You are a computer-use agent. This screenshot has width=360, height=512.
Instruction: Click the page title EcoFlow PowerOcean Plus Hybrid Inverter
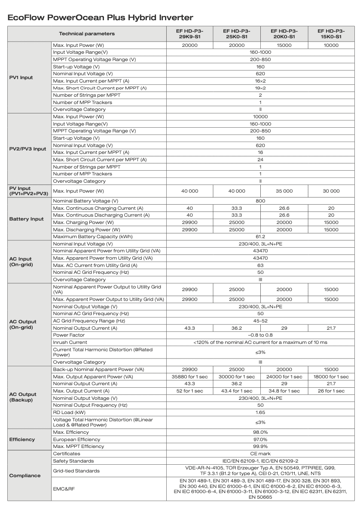pos(100,18)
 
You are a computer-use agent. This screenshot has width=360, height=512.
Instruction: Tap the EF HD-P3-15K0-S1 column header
pos(331,34)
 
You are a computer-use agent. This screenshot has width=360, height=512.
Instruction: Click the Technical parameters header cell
pos(87,34)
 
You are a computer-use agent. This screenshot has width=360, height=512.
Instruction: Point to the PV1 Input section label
pos(21,77)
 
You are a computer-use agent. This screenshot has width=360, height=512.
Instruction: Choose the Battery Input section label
pos(27,219)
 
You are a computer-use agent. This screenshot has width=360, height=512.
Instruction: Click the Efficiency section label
pos(22,439)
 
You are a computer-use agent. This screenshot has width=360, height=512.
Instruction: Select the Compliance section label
pos(25,475)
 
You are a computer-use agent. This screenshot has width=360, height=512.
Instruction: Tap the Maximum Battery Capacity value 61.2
pos(260,236)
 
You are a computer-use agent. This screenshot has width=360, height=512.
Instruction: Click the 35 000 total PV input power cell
pos(284,191)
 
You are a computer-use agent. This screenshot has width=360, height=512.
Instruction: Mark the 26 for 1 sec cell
pos(331,391)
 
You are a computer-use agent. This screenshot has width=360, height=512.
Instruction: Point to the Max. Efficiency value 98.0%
pos(260,432)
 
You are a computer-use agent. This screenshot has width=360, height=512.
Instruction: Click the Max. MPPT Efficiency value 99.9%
pos(260,446)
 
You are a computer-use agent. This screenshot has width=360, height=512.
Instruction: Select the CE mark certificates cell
pos(260,454)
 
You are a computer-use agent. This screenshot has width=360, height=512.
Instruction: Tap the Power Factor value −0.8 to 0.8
pos(260,335)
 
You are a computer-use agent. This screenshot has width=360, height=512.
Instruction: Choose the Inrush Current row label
pos(70,342)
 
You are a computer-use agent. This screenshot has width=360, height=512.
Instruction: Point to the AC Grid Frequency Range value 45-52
pos(260,321)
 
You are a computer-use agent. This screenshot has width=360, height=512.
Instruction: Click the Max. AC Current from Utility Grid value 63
pos(260,265)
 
